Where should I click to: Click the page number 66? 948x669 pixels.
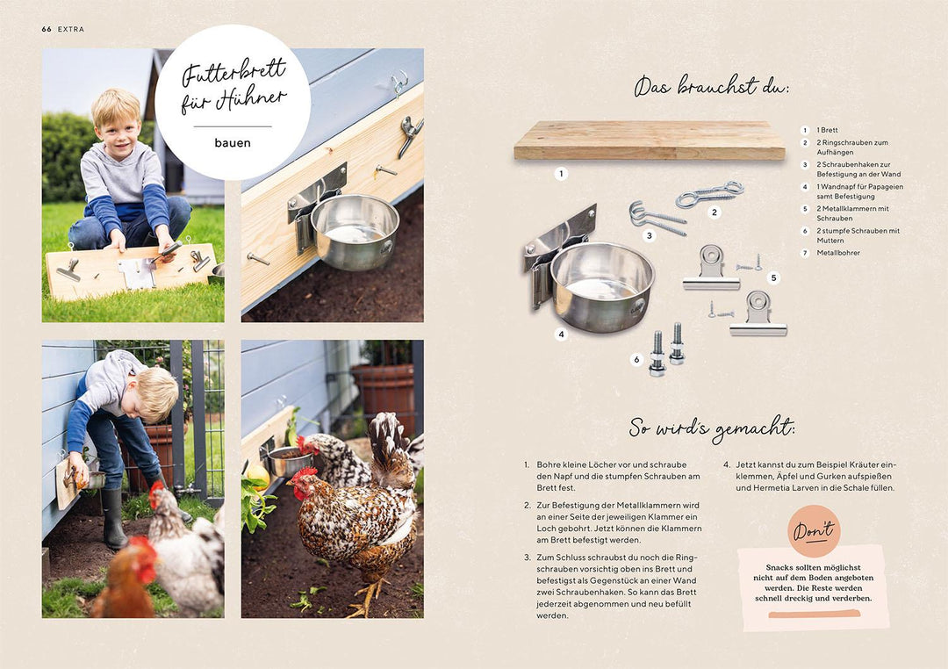point(47,29)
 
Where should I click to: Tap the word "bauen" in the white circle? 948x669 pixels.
point(232,143)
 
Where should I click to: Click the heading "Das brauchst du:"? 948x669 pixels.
point(711,85)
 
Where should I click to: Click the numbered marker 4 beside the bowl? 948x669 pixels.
point(561,334)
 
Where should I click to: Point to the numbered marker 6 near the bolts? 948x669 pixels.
point(636,360)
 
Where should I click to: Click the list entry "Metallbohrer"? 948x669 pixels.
point(838,253)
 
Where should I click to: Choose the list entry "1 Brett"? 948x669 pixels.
point(827,130)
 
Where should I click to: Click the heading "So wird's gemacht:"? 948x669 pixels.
point(712,428)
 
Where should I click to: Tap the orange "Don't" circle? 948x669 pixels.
point(814,531)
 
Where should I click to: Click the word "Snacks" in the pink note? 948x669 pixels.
point(779,567)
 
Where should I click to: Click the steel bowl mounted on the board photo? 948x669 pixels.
point(355,231)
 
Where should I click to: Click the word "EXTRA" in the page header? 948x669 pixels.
point(71,29)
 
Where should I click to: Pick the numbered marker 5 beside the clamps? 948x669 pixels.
point(773,277)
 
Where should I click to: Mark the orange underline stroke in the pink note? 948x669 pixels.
point(814,615)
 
